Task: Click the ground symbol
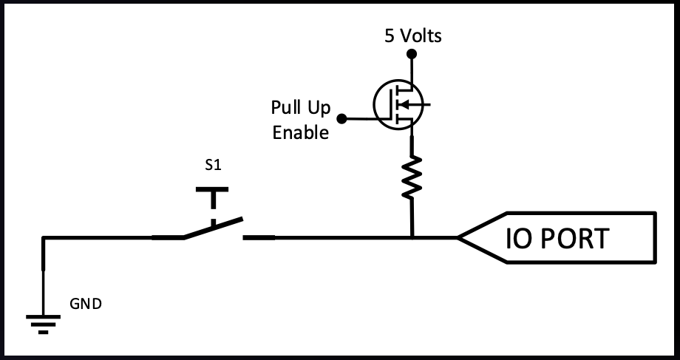click(43, 324)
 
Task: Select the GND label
click(86, 303)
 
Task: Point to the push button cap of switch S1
click(213, 191)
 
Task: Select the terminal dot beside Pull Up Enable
click(341, 118)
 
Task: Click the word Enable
click(300, 133)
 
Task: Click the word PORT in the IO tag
click(573, 239)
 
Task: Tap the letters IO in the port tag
click(517, 239)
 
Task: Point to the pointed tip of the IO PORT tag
click(458, 237)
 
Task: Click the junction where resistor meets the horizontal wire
click(412, 237)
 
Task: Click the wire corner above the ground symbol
click(43, 238)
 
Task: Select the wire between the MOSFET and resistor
click(412, 144)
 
